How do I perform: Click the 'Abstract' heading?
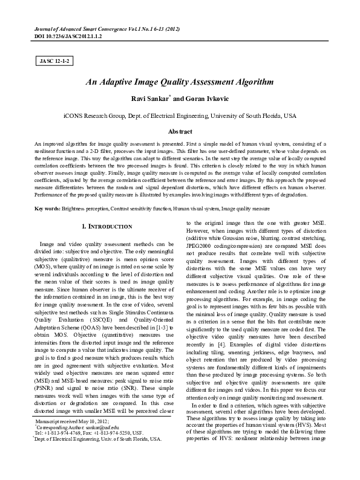click(180, 131)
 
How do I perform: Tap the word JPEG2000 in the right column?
click(203, 247)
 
